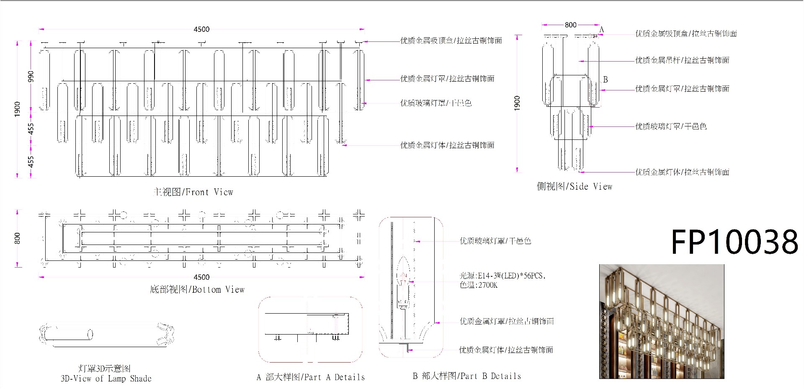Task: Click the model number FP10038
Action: coord(734,242)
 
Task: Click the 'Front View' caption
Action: coord(193,192)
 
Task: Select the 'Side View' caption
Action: coord(575,187)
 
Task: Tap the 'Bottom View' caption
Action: coord(197,290)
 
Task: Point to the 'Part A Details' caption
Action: coord(310,377)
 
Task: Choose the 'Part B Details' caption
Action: coord(467,376)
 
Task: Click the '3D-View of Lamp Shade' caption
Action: coord(106,379)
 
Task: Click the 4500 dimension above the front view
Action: coord(201,29)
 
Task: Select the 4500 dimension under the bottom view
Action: coord(201,277)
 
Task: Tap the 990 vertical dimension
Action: coord(31,76)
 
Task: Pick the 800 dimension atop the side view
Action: coord(570,25)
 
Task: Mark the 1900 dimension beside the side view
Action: coord(517,103)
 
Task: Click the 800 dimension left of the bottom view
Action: coord(17,238)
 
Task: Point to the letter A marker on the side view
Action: coord(602,30)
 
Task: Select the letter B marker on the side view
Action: coord(606,80)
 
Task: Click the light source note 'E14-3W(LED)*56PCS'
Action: coord(502,276)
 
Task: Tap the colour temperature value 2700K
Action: coord(488,285)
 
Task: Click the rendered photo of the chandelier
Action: coord(662,322)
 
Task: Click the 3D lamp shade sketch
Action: coord(107,335)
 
